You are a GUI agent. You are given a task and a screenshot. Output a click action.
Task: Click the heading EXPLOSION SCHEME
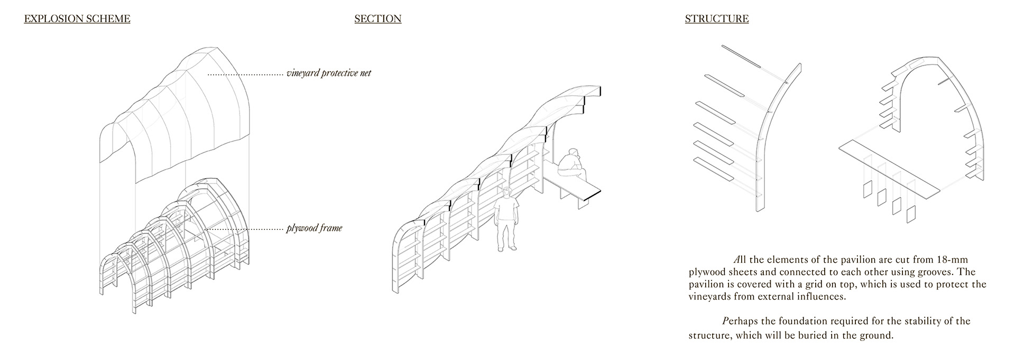(77, 19)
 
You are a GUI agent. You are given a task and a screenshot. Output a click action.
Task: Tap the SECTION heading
(377, 19)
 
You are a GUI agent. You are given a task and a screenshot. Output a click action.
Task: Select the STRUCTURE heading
(716, 19)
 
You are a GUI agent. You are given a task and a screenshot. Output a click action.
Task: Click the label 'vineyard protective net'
(329, 73)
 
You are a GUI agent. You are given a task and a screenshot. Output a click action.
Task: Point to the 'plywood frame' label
(314, 228)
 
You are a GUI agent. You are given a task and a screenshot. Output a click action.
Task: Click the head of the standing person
(508, 192)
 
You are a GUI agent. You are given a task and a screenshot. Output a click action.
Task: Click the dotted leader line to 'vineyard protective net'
(245, 75)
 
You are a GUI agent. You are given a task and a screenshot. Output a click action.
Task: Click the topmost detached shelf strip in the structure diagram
(741, 57)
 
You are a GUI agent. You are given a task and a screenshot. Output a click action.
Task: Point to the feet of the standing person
(506, 248)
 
